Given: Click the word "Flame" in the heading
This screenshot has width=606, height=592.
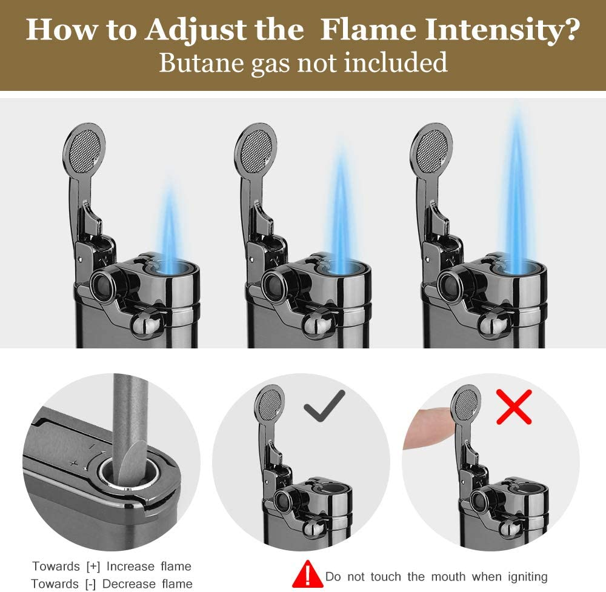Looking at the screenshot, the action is click(368, 29).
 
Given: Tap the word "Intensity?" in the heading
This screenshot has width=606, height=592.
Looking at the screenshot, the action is click(502, 32).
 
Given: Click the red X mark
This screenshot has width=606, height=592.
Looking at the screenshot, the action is click(514, 407).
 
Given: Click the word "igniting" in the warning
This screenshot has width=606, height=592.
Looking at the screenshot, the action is click(528, 577).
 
